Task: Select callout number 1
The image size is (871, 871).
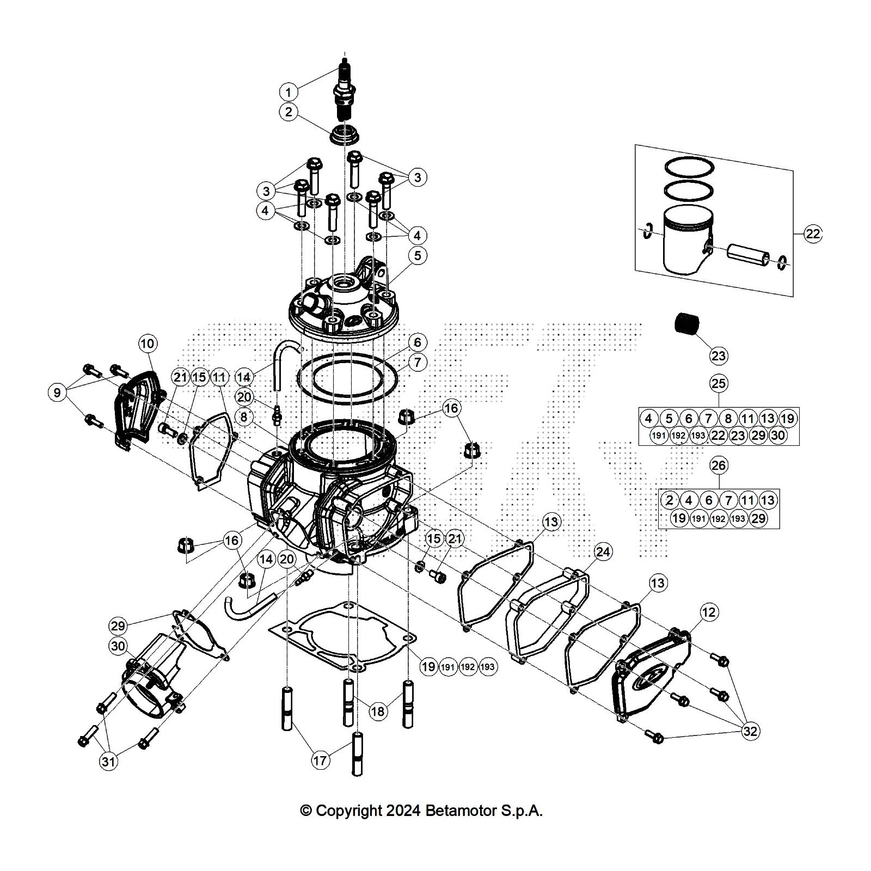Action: click(x=289, y=91)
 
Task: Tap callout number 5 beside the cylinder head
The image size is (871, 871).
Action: click(x=418, y=256)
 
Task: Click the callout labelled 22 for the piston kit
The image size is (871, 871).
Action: click(x=812, y=234)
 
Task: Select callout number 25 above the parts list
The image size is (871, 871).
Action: click(x=719, y=383)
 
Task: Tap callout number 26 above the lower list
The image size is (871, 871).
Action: click(x=719, y=465)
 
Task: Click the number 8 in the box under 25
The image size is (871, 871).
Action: click(x=728, y=419)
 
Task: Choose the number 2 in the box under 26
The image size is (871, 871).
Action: click(x=670, y=500)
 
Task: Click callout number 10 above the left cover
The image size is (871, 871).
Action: click(x=148, y=344)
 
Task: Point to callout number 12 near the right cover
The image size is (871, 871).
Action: click(x=708, y=612)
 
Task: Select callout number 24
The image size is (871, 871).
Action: click(x=603, y=552)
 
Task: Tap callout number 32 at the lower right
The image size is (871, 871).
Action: click(x=750, y=731)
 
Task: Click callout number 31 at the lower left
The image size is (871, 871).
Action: click(x=109, y=761)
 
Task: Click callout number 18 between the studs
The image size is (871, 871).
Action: click(x=377, y=711)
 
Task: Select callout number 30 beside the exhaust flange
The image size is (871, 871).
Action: click(x=118, y=647)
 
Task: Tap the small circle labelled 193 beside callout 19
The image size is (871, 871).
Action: click(x=488, y=667)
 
